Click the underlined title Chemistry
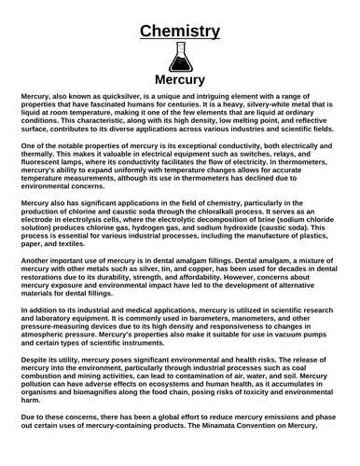click(180, 31)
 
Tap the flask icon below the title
click(180, 57)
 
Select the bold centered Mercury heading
click(180, 79)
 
